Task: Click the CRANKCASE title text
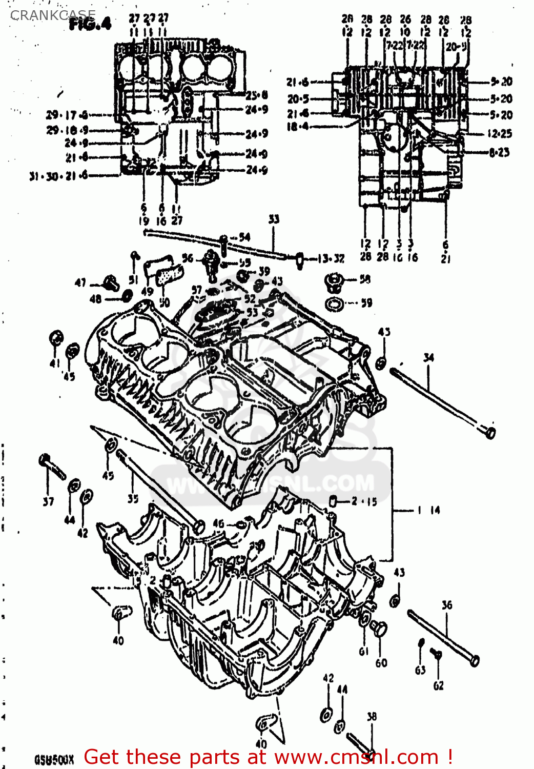point(53,15)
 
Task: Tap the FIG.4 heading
point(90,24)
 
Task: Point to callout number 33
point(274,219)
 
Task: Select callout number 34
point(428,357)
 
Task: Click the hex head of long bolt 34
point(490,432)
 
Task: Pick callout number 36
point(447,605)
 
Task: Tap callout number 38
point(372,716)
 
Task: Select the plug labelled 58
point(334,281)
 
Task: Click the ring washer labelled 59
point(335,304)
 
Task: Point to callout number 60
point(381,663)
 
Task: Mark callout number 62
point(439,685)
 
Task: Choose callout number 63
point(420,670)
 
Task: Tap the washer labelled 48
point(126,296)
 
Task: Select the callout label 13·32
point(331,258)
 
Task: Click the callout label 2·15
point(364,501)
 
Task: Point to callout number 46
point(219,523)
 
